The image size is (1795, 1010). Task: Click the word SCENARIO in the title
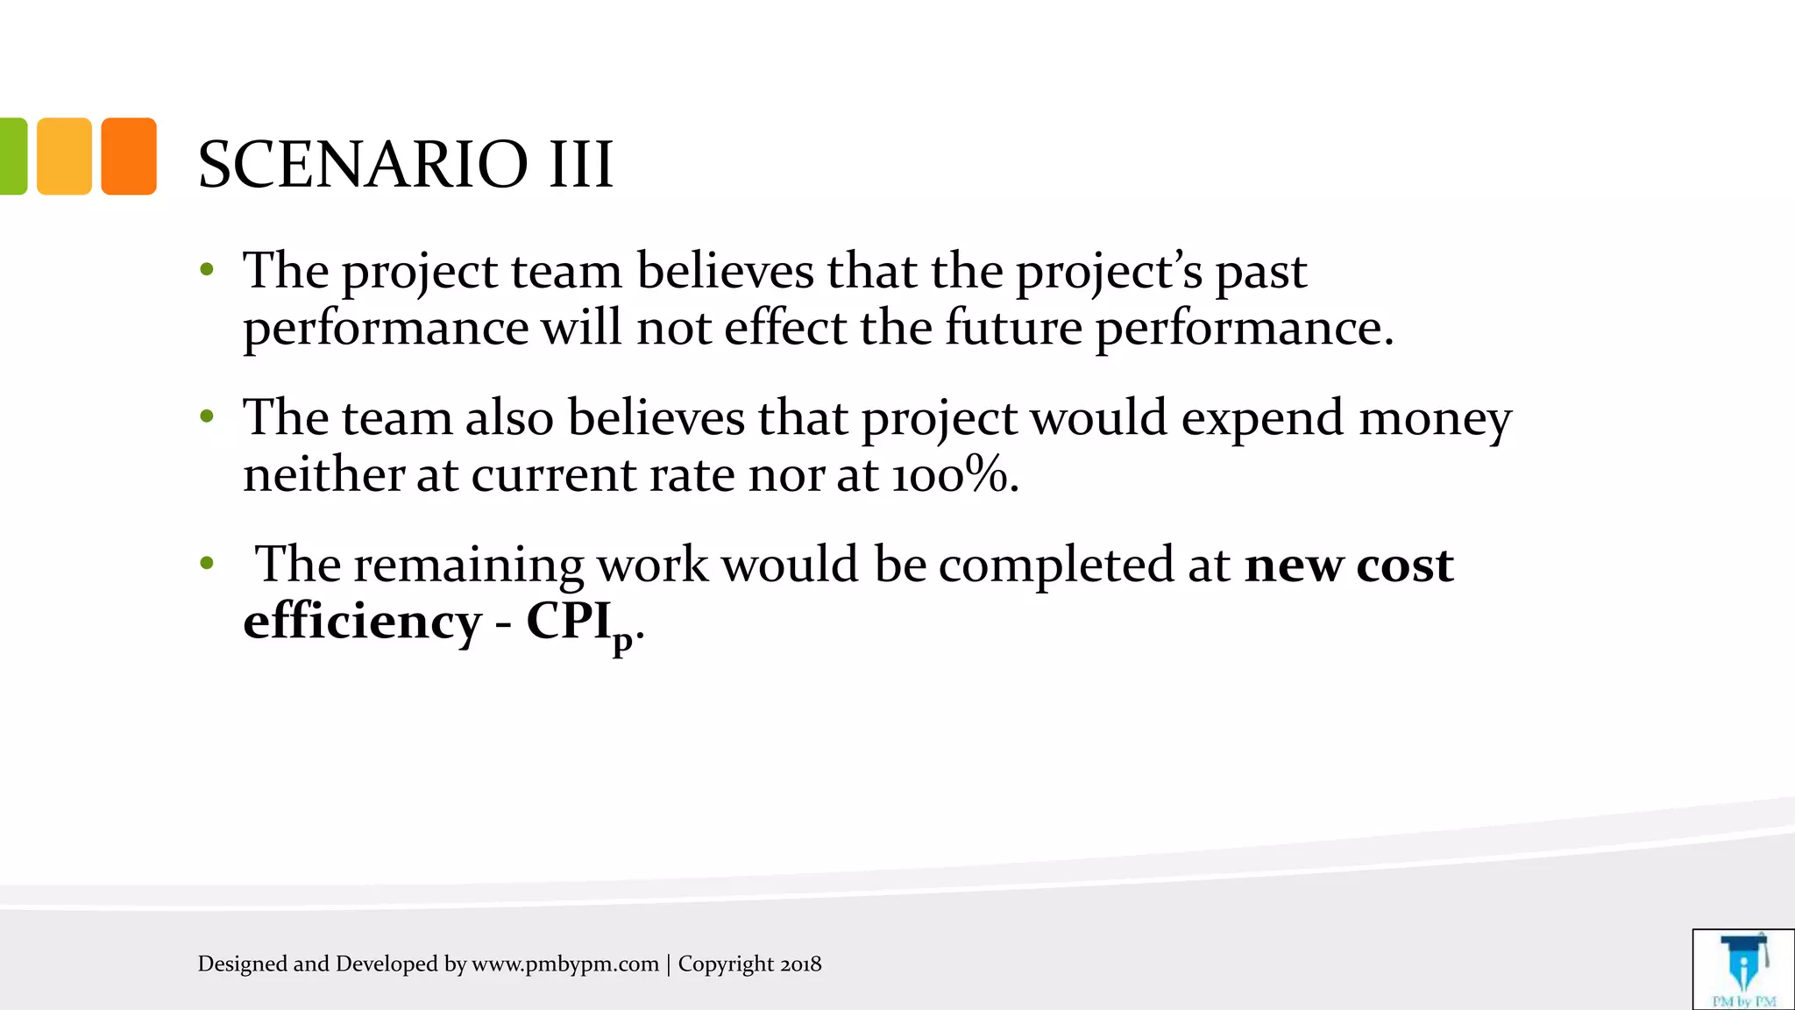coord(363,164)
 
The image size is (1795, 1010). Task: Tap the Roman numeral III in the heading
coord(580,164)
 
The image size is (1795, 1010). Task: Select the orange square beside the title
coord(129,156)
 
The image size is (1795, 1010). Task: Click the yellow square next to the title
coord(64,156)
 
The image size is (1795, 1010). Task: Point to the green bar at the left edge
coord(12,156)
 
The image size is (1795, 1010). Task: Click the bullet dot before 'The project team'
coord(207,269)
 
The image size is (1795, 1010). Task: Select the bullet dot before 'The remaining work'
coord(207,563)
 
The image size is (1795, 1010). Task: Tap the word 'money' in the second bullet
coord(1435,417)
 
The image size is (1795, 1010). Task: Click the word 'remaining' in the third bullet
coord(469,565)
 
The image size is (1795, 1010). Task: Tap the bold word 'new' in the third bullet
coord(1294,565)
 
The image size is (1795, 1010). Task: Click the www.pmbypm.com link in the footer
coord(565,964)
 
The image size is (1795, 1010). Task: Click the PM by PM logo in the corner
coord(1743,970)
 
